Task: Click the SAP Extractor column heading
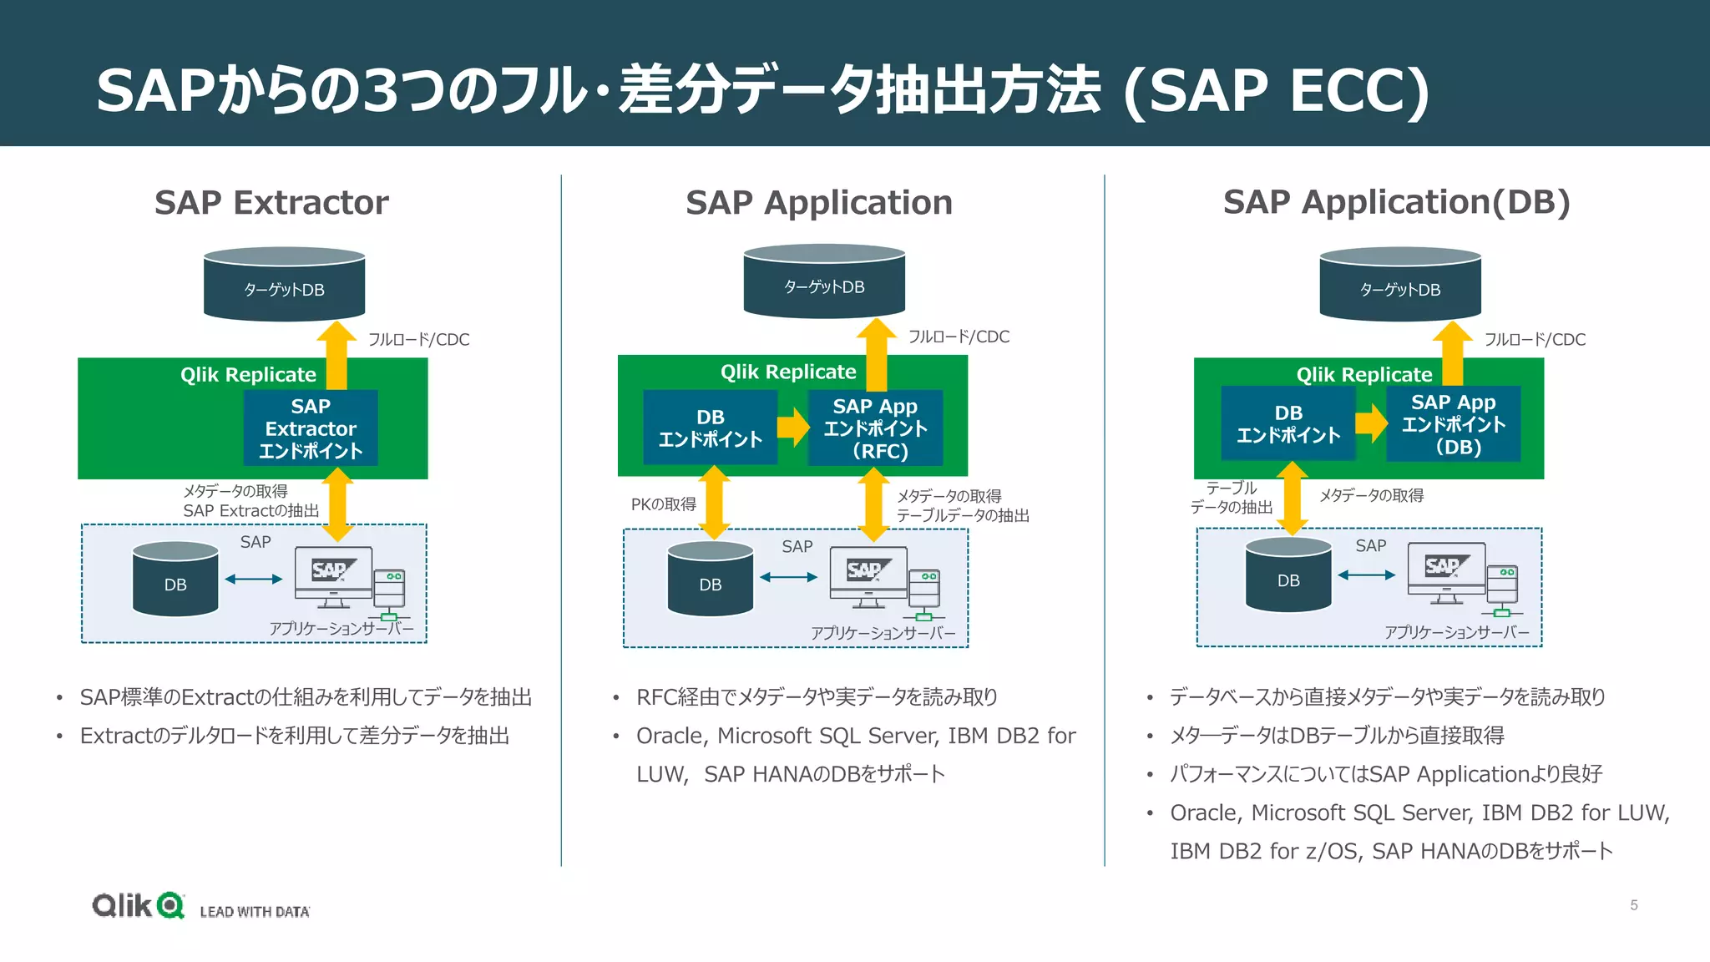click(x=271, y=203)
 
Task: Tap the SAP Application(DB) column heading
click(x=1396, y=203)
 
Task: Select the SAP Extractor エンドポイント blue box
click(x=311, y=428)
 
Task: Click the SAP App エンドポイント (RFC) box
click(x=875, y=428)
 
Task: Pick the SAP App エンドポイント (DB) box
click(x=1453, y=424)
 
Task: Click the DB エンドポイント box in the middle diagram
click(x=710, y=428)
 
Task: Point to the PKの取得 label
click(x=663, y=504)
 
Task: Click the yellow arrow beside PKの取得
click(x=714, y=503)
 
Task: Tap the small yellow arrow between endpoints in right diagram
click(x=1370, y=423)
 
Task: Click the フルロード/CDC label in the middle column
click(x=959, y=337)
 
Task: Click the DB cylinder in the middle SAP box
click(x=710, y=580)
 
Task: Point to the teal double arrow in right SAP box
click(x=1366, y=575)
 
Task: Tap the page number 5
click(x=1633, y=905)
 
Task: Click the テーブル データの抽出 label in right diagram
click(x=1232, y=498)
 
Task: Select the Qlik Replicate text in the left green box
click(x=248, y=375)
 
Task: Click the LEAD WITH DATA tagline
click(x=255, y=912)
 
